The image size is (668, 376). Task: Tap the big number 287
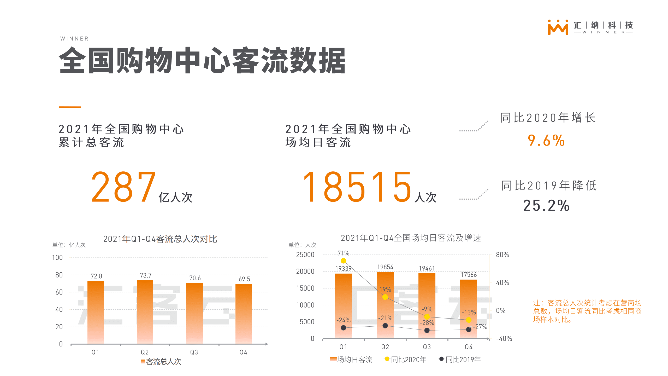point(123,187)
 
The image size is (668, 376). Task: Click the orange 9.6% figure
point(546,140)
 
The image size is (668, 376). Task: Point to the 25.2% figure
point(546,205)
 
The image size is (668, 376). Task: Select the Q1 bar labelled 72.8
point(96,312)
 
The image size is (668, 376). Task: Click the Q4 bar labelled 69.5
point(244,314)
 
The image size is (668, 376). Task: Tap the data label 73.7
point(145,275)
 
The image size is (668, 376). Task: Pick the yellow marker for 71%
point(343,261)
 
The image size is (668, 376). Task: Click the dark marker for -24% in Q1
point(343,328)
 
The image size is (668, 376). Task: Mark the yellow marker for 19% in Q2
point(385,297)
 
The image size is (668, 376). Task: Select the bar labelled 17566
point(469,308)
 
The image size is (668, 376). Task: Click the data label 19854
point(385,267)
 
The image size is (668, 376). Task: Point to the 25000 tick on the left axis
point(305,255)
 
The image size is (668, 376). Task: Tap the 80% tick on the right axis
point(502,255)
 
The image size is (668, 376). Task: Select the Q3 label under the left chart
point(194,352)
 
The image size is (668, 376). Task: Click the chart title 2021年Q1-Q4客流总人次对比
point(160,239)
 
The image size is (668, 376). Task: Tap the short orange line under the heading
point(70,107)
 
